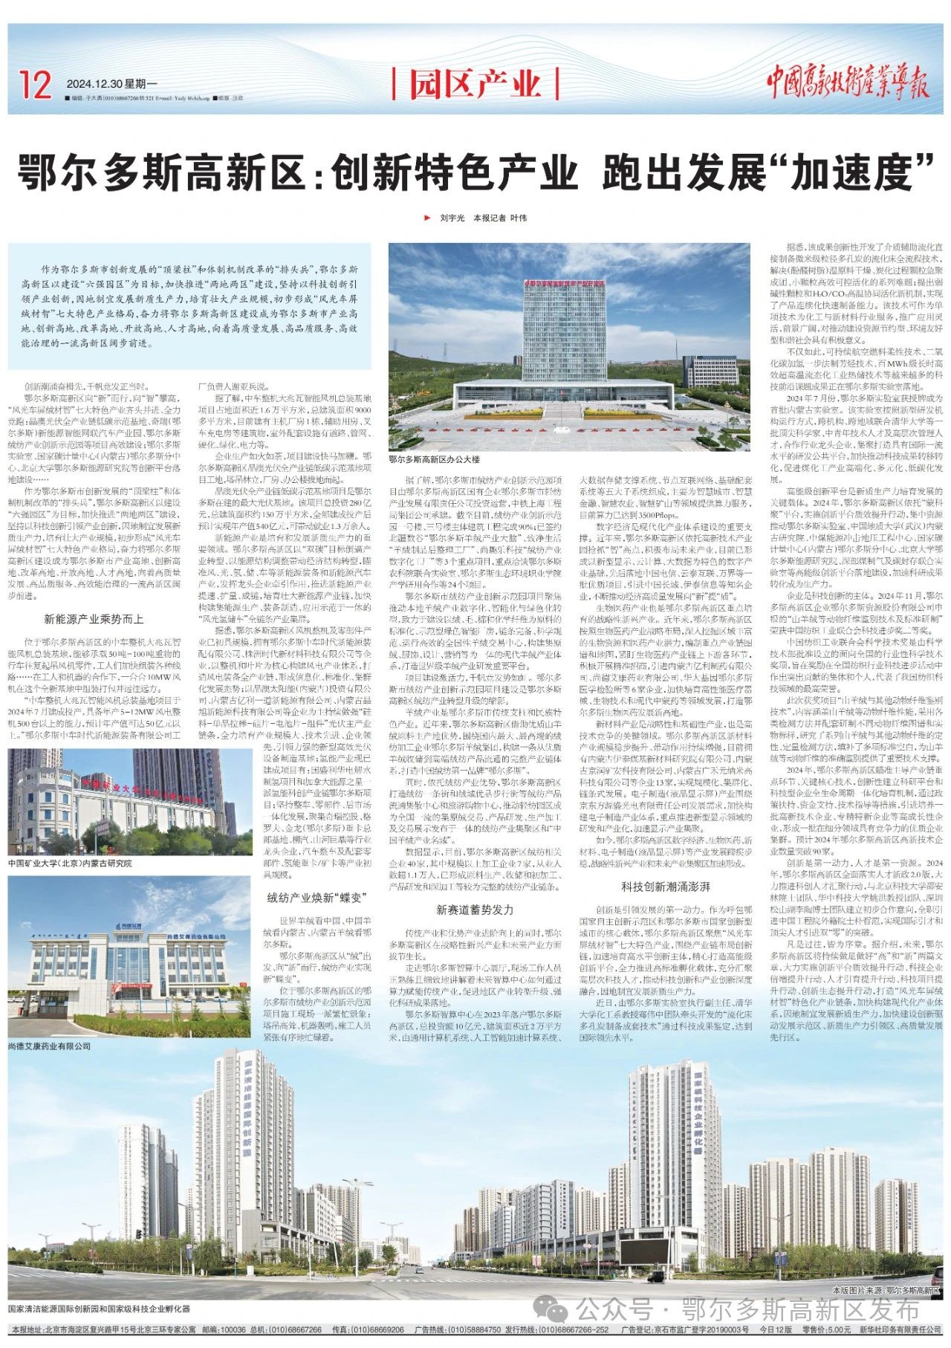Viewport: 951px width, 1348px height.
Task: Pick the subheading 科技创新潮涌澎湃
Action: pyautogui.click(x=666, y=887)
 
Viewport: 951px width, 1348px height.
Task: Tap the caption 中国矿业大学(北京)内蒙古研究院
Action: pyautogui.click(x=69, y=864)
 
